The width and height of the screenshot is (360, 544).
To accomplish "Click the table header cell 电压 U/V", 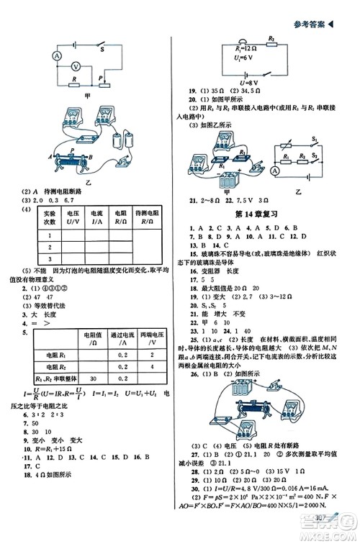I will (73, 218).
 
